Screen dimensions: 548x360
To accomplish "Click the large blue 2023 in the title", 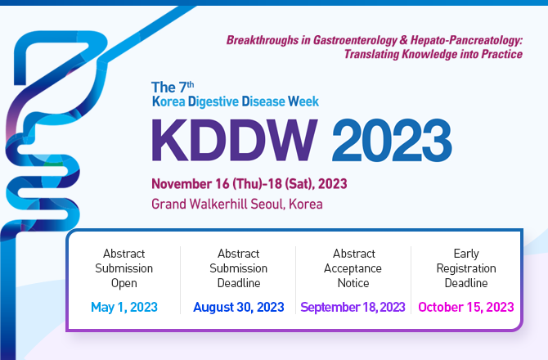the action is coord(392,140).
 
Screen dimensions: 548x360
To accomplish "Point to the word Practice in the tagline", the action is coord(502,54).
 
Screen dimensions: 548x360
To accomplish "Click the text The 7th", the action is coord(173,87).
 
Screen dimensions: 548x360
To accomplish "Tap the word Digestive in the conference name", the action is coord(213,101).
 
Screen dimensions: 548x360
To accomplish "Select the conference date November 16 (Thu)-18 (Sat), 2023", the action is coord(249,184).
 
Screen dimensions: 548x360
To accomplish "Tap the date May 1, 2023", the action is coord(124,307).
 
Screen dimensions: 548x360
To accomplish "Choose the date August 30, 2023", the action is coord(239,307).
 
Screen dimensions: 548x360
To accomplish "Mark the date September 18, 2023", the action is coord(353,307).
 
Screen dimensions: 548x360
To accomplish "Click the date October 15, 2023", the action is coord(466,307).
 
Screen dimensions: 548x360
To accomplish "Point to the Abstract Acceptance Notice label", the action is coord(353,268).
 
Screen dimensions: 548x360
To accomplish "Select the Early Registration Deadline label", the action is coord(466,268).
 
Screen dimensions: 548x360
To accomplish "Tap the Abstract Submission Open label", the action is coord(124,268).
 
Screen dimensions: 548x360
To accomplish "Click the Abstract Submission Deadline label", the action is coord(239,268).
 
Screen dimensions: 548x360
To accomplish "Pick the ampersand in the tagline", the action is coord(404,40).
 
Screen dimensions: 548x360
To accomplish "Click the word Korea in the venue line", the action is coord(305,204).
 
